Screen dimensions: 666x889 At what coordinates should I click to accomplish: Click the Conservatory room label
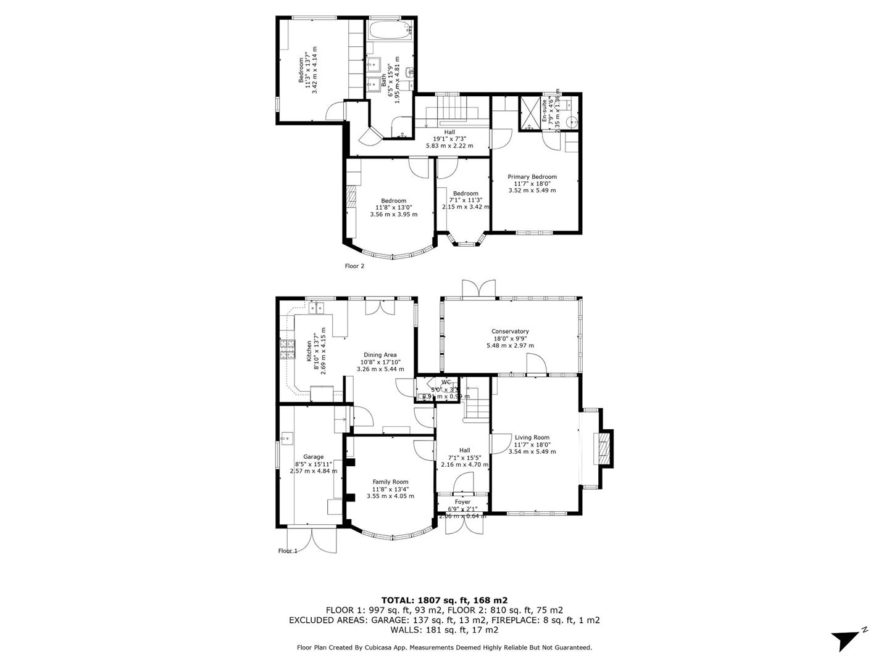point(510,331)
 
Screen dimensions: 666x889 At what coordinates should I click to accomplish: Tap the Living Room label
point(532,437)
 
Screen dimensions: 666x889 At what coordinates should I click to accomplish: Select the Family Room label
point(390,482)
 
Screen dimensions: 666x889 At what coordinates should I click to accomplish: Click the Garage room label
point(313,457)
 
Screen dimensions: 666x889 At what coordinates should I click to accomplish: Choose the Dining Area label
point(380,355)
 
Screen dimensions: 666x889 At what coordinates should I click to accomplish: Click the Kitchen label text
point(308,350)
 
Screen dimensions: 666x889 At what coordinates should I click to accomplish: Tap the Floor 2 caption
point(354,266)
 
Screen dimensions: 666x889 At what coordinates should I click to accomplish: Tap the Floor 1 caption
point(288,551)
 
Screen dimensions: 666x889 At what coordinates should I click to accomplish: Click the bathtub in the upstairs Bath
point(389,31)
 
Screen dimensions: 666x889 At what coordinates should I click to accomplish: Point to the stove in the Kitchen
point(287,350)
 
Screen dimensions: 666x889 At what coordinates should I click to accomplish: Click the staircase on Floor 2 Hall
point(451,115)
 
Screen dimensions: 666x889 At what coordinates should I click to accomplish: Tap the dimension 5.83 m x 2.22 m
point(449,146)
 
